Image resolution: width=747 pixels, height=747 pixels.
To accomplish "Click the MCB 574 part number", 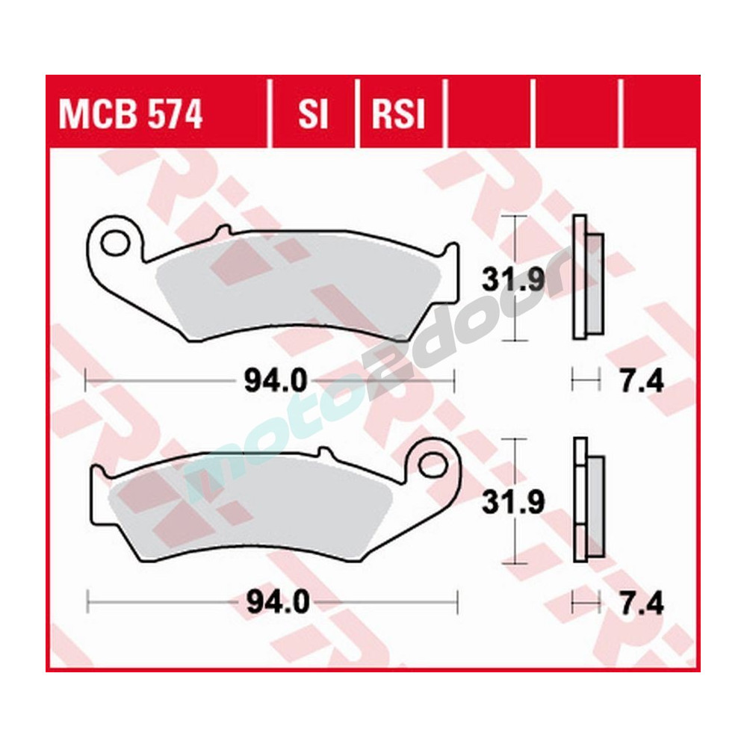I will pyautogui.click(x=131, y=116).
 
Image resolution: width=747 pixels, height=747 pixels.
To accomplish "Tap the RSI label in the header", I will pyautogui.click(x=398, y=116).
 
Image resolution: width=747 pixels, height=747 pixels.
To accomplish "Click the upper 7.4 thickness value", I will pyautogui.click(x=641, y=382).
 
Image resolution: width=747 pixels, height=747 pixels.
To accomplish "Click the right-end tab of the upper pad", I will pyautogui.click(x=451, y=254).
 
